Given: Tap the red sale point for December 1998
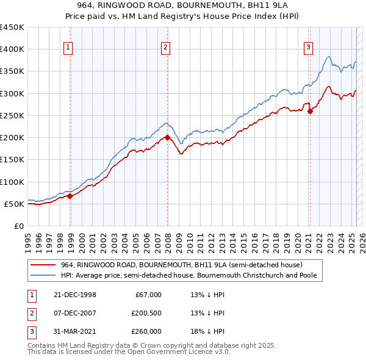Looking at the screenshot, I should [x=70, y=196].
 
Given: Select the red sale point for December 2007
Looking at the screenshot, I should [x=168, y=137].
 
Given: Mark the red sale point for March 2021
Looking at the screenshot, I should [x=310, y=111].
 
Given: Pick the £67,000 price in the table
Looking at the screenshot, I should [x=148, y=295].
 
